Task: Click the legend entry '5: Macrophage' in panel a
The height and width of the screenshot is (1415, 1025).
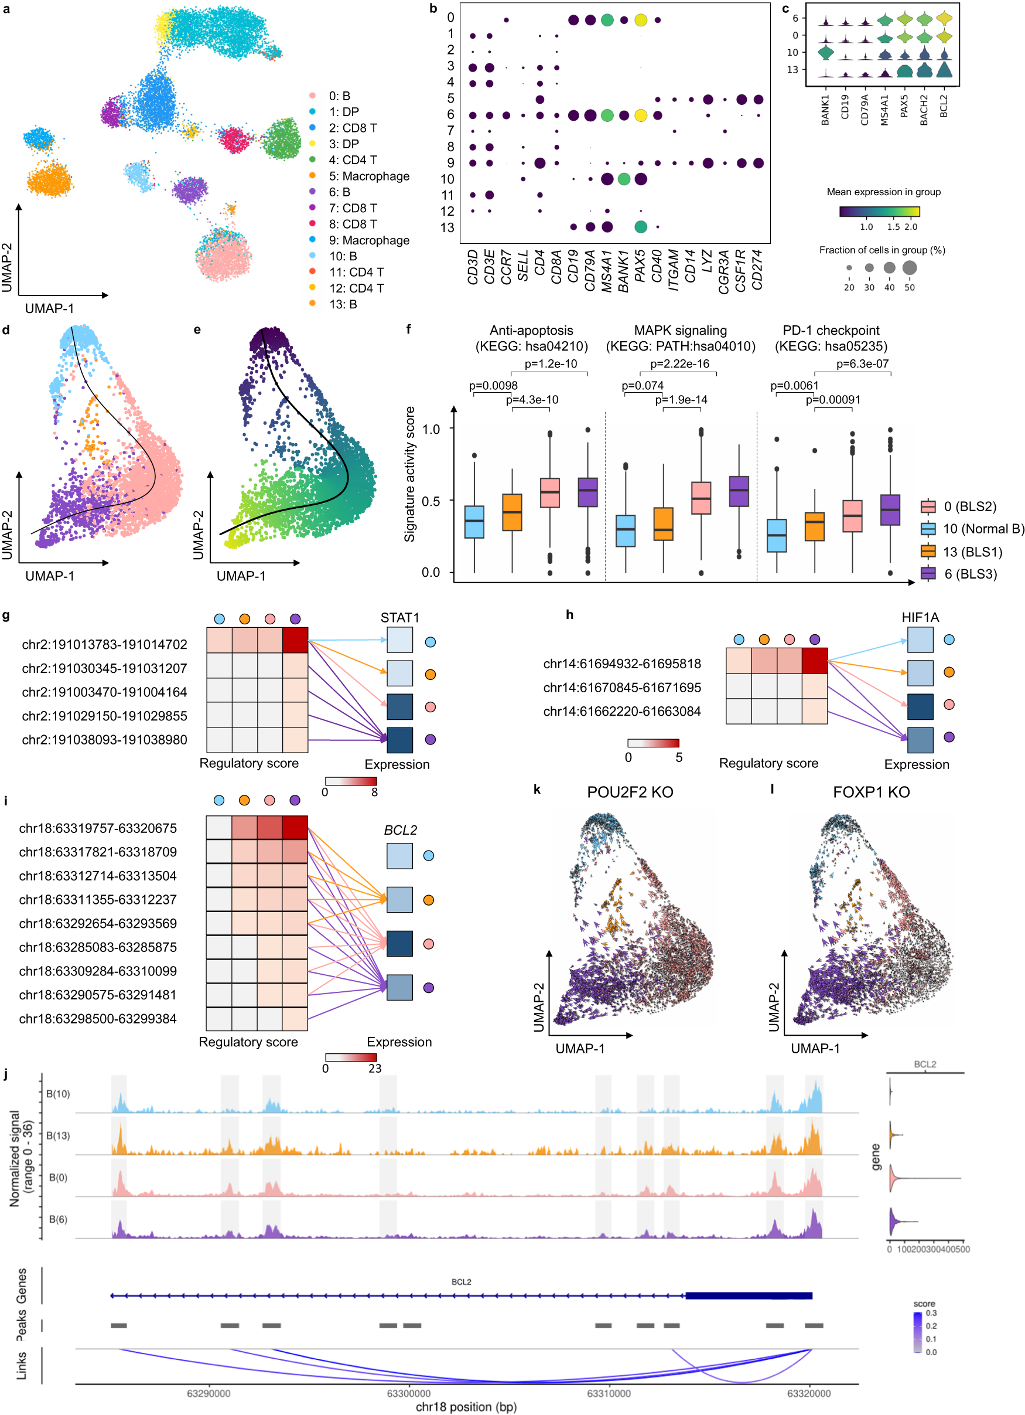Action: pos(368,176)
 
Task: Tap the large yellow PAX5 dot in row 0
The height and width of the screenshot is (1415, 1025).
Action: pos(640,20)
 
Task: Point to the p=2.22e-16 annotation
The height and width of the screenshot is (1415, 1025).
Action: pos(679,364)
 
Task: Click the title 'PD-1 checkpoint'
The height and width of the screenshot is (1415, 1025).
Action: pos(831,330)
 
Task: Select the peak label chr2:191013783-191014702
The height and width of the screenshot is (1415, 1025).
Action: pos(104,644)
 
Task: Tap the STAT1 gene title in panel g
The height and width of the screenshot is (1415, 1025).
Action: pos(399,617)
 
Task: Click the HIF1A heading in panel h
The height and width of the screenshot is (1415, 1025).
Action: pos(920,617)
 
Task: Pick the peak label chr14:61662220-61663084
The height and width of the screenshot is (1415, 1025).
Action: pos(621,711)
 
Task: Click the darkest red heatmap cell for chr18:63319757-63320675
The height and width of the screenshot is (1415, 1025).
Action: pos(295,827)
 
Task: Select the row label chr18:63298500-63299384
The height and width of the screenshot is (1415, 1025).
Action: pos(98,1018)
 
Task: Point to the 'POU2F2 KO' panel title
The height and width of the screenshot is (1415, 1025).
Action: pos(630,792)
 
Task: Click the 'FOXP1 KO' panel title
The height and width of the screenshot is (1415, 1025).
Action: pos(871,792)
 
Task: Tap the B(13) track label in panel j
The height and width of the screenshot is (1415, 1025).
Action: pos(58,1135)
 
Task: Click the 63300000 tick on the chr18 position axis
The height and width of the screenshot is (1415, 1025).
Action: pos(408,1393)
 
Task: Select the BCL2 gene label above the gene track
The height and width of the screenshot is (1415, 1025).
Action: pos(462,1281)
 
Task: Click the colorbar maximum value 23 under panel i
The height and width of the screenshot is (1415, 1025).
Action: pos(374,1068)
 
